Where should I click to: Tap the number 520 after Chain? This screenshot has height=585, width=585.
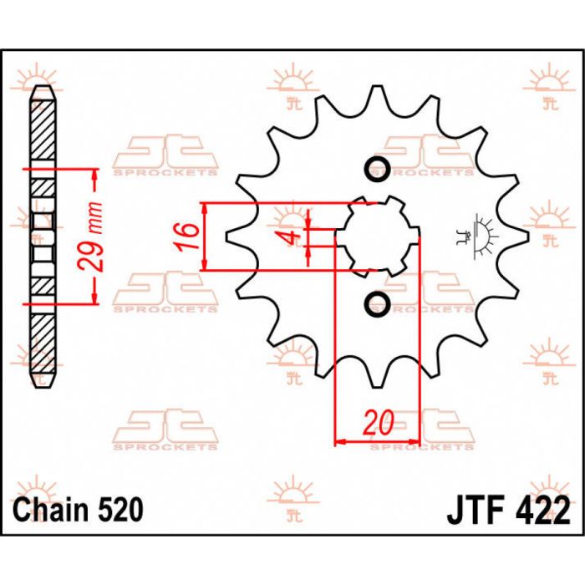(x=117, y=509)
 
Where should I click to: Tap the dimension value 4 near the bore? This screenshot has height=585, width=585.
(x=290, y=237)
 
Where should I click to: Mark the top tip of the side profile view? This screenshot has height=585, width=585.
(x=43, y=87)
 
